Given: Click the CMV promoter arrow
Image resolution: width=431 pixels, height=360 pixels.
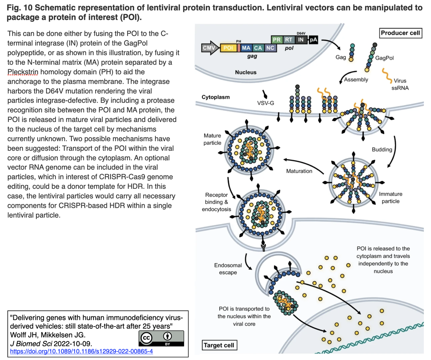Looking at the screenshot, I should pos(210,48).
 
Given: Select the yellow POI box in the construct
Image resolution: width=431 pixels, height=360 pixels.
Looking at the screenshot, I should pos(228,48).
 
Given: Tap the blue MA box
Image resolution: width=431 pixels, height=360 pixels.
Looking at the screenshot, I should pos(246,48).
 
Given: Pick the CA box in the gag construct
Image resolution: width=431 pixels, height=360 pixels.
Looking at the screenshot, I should pos(258,48).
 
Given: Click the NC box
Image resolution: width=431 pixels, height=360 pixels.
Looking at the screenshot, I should pos(270,48).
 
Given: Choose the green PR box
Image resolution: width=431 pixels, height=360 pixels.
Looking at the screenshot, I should pos(277,40).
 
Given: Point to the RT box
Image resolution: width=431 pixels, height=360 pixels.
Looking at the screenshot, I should pos(288,40).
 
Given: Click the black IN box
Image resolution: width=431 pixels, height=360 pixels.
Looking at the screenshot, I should pos(301,40).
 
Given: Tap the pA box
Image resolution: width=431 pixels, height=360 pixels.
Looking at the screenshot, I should pos(313,40).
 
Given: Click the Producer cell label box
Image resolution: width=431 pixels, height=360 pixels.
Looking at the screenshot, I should pos(400,33).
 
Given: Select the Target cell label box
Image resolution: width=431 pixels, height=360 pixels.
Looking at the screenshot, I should pos(218,345).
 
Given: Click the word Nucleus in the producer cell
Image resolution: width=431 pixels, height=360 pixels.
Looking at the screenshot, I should pos(246,72).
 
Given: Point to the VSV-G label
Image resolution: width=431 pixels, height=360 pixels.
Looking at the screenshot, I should pos(266,103).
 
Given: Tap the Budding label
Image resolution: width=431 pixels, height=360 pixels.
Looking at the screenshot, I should pos(382,149).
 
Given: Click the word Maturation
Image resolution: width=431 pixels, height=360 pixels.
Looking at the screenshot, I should pos(299,171).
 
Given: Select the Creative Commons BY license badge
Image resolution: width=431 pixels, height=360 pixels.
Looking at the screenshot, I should pos(161,338).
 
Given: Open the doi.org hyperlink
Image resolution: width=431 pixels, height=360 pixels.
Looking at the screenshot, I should pos(81,351).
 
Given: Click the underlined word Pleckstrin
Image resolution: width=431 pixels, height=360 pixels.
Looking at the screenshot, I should pos(23,72).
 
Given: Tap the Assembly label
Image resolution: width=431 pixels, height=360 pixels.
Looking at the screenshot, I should pos(356,79).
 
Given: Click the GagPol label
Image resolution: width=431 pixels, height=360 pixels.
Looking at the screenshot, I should pos(384,58).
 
